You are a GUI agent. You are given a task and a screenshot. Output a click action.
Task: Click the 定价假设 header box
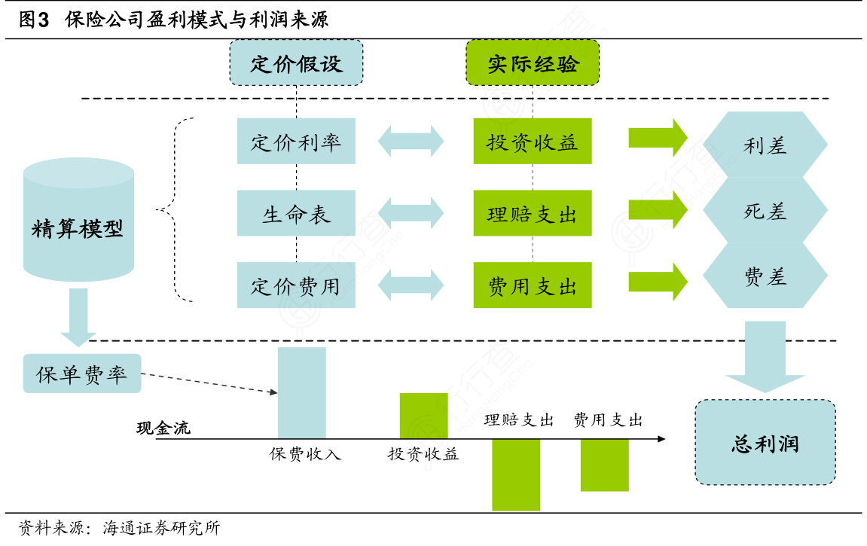(296, 62)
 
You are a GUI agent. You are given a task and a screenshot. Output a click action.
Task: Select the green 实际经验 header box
(533, 62)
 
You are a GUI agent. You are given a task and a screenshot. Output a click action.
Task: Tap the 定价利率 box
(296, 141)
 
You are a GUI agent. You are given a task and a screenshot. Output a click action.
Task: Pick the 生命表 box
(296, 213)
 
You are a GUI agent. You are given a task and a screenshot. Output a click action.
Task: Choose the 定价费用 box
(296, 285)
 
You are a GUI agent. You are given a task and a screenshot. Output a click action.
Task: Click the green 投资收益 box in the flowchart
(533, 141)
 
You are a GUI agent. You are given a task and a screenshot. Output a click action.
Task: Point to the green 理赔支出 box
(533, 213)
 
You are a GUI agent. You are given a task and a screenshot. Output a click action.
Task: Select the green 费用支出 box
(533, 285)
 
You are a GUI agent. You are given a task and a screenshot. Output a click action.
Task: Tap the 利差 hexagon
(765, 145)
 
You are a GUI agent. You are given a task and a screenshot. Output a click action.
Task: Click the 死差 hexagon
(765, 211)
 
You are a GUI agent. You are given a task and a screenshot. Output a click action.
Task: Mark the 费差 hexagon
(765, 276)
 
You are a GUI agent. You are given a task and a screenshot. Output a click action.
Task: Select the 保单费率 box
(82, 374)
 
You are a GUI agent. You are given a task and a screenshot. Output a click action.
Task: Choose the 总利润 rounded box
(765, 442)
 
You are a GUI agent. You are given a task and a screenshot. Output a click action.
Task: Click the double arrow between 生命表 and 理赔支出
(411, 213)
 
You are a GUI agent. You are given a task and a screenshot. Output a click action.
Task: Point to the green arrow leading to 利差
(658, 138)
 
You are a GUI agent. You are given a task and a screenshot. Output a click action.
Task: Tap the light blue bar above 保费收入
(302, 392)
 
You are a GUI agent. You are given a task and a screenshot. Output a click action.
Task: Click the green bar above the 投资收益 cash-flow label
(423, 416)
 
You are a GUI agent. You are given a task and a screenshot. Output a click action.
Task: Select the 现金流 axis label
(163, 429)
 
